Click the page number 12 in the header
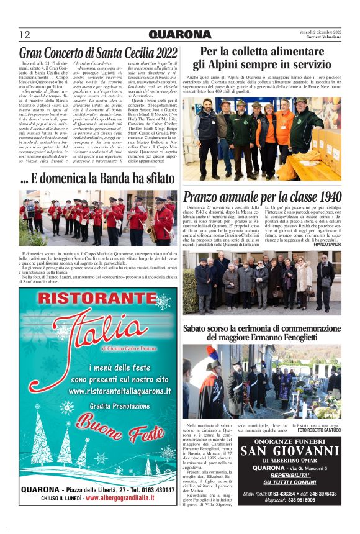(x=25, y=34)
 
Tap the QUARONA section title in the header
(x=180, y=34)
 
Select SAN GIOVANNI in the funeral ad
(x=289, y=451)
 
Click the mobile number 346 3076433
(x=322, y=494)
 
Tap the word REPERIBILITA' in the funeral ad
(x=289, y=474)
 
